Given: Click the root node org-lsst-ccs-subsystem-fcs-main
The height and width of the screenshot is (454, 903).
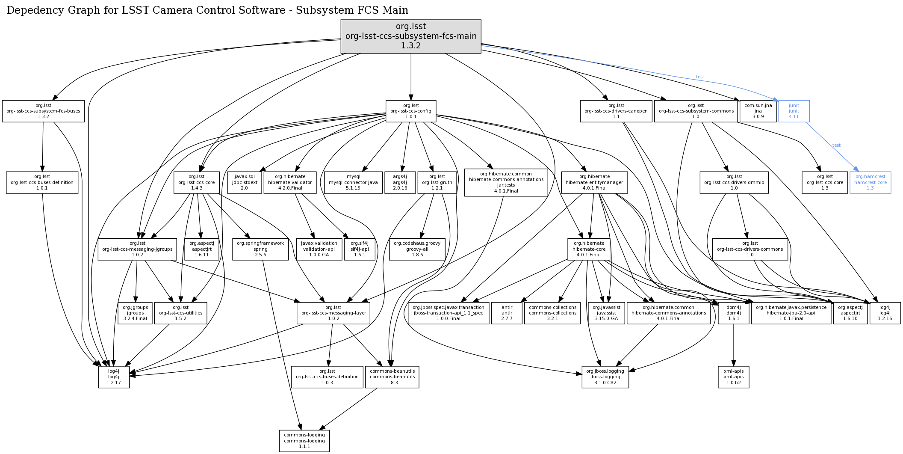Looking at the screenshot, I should [411, 36].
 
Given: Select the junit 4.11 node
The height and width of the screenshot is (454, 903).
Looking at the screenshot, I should [794, 111].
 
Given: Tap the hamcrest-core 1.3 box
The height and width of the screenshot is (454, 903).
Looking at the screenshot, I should [870, 182].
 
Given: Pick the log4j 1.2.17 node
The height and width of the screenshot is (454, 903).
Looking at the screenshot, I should [114, 377].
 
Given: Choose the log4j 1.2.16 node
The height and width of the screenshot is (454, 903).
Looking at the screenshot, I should [885, 313].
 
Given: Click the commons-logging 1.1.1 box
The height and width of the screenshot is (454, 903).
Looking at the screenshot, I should [304, 441].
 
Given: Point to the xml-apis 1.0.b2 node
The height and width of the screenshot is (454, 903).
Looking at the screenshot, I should [734, 377].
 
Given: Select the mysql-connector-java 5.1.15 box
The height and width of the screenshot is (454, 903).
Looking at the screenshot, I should [353, 182].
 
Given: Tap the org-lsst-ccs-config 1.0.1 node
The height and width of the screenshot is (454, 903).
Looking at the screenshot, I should [411, 111].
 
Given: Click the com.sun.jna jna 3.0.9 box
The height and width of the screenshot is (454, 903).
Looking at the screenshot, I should [758, 111].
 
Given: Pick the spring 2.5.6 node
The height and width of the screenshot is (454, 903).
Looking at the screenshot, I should [260, 249].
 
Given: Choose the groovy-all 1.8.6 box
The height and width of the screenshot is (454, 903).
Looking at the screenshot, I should [417, 249].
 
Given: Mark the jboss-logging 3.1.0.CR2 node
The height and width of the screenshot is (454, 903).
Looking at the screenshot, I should [605, 377].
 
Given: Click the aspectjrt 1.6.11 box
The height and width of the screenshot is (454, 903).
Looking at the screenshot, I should [202, 249].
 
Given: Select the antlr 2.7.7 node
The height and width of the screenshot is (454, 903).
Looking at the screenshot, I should [507, 313].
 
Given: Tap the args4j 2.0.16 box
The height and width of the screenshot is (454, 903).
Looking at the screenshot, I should [400, 182].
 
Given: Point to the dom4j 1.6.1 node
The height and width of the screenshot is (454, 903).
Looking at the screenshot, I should [734, 313].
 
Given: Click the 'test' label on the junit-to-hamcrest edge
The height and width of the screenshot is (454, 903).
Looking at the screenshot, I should [836, 145].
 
